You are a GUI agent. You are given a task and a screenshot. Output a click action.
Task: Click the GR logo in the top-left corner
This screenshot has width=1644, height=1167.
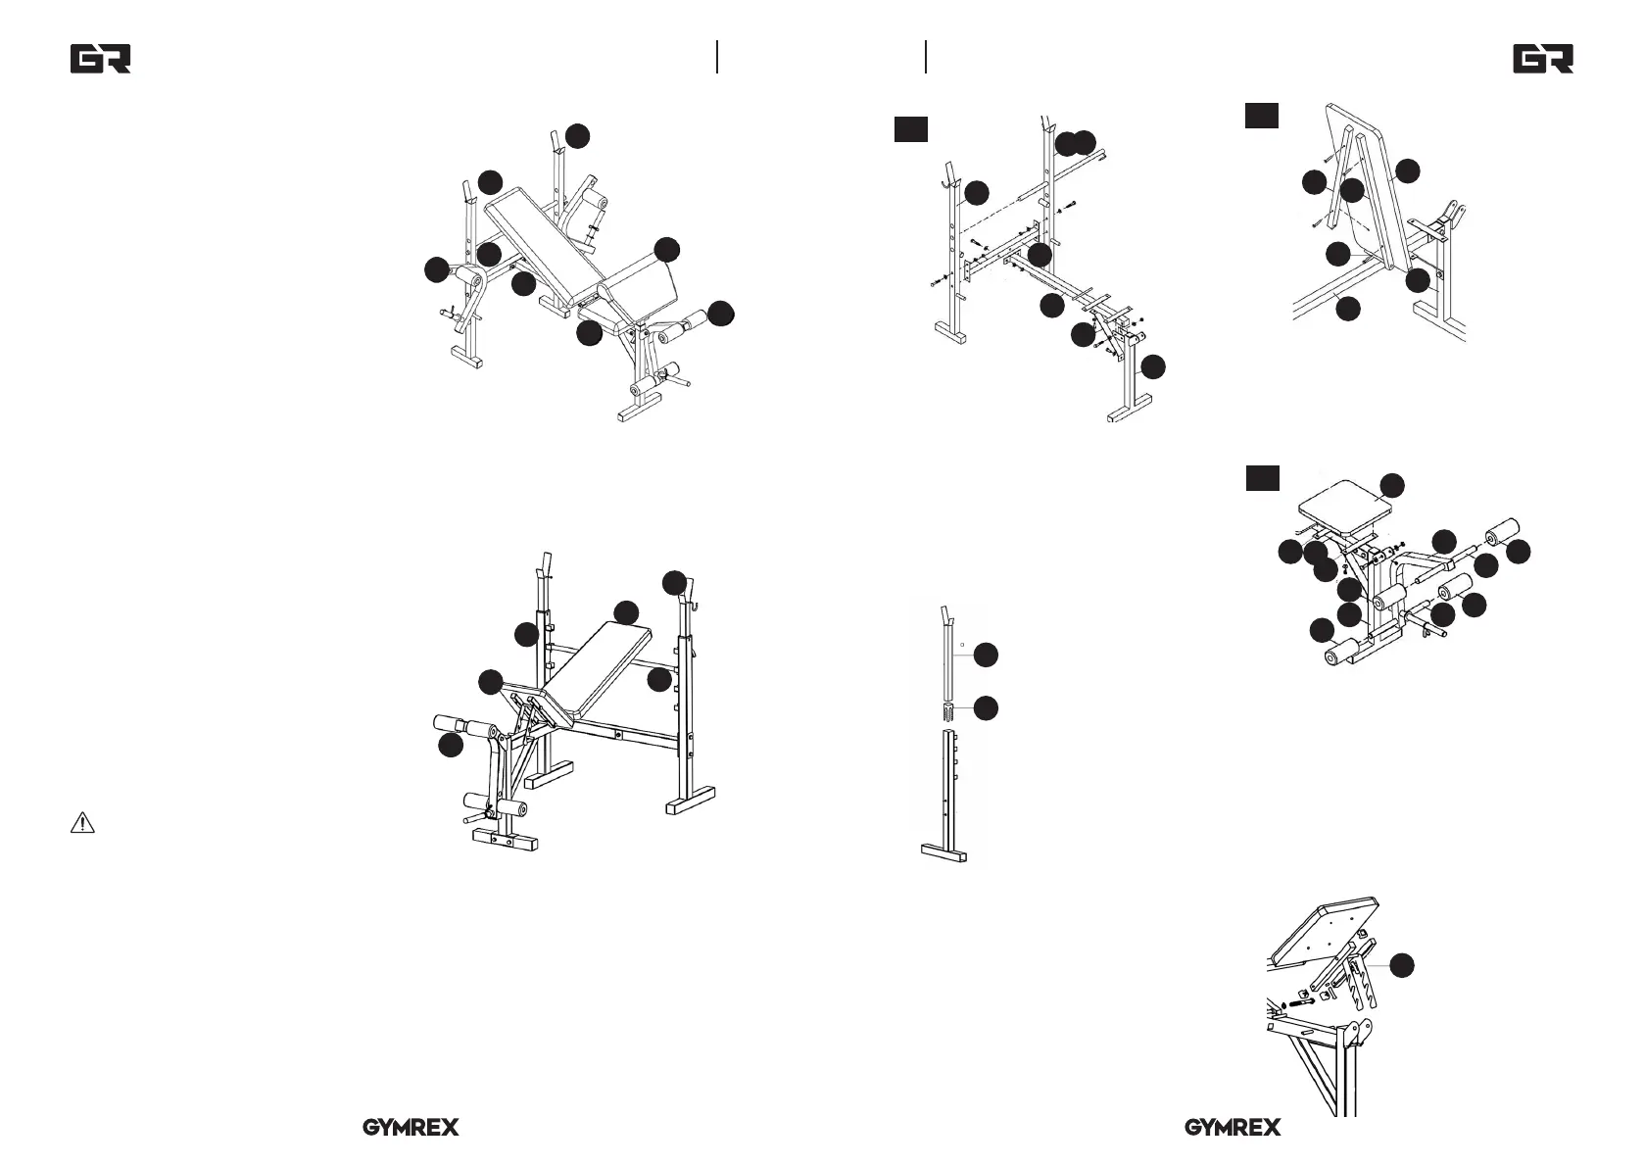click(x=100, y=59)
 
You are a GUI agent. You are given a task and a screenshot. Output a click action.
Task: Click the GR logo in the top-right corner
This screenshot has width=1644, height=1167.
click(x=1543, y=59)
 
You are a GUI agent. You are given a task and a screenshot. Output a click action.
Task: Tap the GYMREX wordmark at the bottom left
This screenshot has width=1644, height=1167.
click(x=411, y=1128)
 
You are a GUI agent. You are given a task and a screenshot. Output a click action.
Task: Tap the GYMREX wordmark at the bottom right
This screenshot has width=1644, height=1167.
click(x=1233, y=1128)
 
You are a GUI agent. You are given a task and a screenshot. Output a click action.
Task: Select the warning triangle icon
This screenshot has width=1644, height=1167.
click(x=82, y=823)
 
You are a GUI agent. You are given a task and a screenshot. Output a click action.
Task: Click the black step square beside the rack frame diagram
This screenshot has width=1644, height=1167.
click(x=910, y=128)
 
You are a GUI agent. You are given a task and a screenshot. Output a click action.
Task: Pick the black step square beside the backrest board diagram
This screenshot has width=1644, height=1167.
click(x=1262, y=116)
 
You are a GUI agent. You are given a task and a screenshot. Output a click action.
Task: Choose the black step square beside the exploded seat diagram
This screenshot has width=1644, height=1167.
click(x=1262, y=478)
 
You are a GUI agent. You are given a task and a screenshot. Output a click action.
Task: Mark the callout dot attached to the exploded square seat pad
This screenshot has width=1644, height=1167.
click(x=1392, y=485)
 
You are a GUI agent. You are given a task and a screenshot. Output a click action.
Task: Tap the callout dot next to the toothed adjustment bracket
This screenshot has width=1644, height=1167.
click(x=1402, y=964)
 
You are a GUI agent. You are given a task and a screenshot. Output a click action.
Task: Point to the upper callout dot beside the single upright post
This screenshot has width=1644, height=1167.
click(x=986, y=654)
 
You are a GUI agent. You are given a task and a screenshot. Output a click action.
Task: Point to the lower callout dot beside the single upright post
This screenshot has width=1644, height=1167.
click(x=986, y=707)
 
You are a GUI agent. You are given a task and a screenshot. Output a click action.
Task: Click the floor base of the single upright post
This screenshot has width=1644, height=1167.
click(x=944, y=854)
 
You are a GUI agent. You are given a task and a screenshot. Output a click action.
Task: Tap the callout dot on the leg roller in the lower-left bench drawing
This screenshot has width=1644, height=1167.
click(x=450, y=746)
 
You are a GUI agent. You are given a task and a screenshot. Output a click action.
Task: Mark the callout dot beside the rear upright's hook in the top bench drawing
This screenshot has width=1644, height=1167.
click(x=579, y=136)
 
